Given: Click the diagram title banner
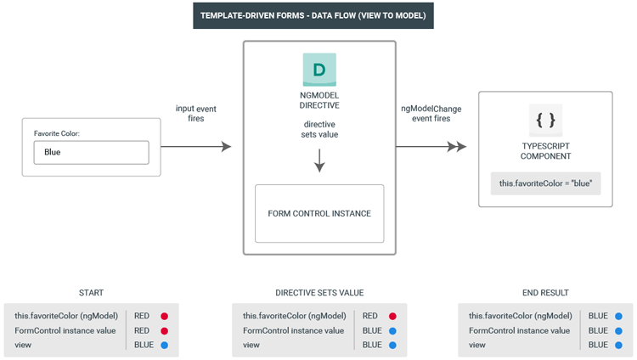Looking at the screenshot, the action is click(x=313, y=16).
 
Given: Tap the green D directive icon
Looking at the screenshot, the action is click(x=319, y=70).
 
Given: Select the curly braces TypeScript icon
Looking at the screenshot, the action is click(x=545, y=121).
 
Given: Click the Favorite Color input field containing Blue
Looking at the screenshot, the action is click(x=92, y=152).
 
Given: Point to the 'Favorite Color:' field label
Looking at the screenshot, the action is click(x=56, y=133).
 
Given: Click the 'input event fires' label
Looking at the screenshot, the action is click(x=196, y=114).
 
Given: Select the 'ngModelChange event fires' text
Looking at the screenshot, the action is click(x=431, y=114).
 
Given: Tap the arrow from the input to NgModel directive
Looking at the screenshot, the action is click(x=196, y=146).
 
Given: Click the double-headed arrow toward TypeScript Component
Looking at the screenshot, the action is click(x=431, y=146).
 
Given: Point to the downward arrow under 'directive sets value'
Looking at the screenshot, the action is click(x=319, y=160).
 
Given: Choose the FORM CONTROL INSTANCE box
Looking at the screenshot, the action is click(x=319, y=214).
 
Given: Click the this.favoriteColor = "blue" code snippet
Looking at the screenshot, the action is click(x=545, y=183).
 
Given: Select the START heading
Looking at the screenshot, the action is click(x=91, y=293).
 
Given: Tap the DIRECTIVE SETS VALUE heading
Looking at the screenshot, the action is click(x=319, y=293).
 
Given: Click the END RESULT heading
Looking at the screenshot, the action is click(x=545, y=293).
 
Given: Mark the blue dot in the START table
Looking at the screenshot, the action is click(x=164, y=346).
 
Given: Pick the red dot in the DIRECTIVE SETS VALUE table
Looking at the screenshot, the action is click(x=392, y=316).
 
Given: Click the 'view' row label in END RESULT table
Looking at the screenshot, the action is click(x=477, y=345).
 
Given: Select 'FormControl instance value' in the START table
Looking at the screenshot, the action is click(x=65, y=331).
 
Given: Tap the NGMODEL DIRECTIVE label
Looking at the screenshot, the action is click(x=319, y=100).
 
